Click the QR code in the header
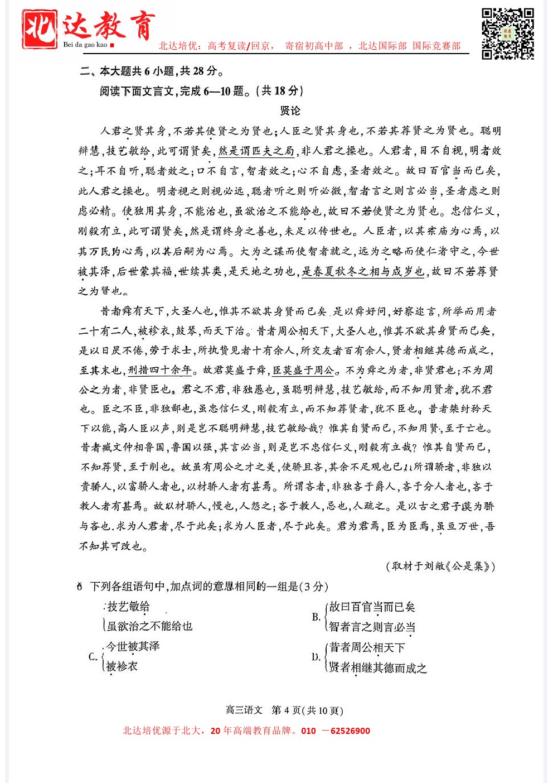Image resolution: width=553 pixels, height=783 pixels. point(507,33)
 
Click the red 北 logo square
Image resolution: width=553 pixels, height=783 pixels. point(39,29)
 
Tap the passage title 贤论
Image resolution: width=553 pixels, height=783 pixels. point(290,111)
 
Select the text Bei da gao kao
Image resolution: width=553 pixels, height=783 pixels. point(85,45)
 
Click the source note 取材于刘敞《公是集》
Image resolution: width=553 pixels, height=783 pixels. point(440,566)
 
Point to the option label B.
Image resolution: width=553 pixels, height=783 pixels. point(316,617)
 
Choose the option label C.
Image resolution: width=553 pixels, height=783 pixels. point(93,656)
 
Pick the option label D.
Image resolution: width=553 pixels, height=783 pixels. point(316,657)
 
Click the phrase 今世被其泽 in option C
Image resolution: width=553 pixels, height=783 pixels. point(133,646)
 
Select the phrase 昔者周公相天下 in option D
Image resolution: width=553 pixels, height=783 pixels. point(367,647)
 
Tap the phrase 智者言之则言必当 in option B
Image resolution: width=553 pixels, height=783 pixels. point(372,627)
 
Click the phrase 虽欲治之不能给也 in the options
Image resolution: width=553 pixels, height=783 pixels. point(149,626)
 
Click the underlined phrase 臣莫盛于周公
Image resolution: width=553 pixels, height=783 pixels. point(304,370)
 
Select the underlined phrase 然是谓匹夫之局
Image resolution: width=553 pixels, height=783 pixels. point(256,151)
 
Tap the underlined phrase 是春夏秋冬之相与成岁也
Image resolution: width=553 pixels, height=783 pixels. point(363,271)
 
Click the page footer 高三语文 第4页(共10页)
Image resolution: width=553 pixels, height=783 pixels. point(284,710)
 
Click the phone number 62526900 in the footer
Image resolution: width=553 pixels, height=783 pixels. point(350,731)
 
